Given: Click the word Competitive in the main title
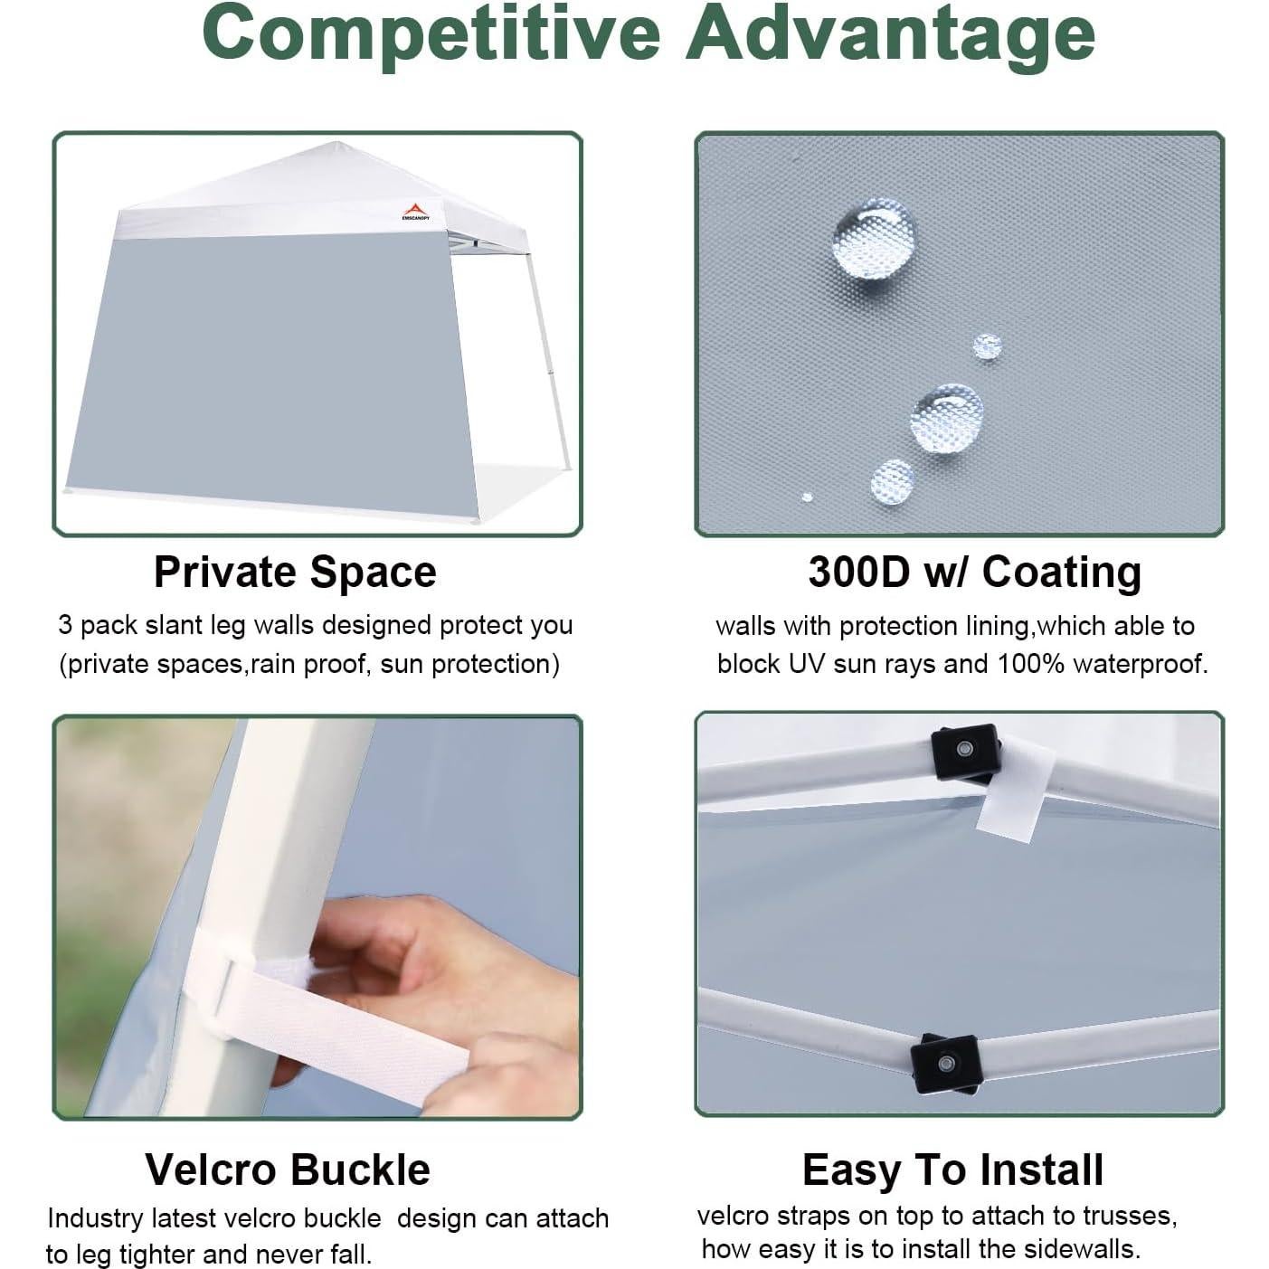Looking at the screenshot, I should pyautogui.click(x=431, y=32).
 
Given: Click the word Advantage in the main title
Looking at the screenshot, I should pyautogui.click(x=890, y=32).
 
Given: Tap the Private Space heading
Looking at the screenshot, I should pyautogui.click(x=295, y=572).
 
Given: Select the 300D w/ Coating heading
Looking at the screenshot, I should pyautogui.click(x=974, y=572).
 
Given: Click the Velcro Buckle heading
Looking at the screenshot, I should pyautogui.click(x=288, y=1169).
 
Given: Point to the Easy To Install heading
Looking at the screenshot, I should pyautogui.click(x=952, y=1169).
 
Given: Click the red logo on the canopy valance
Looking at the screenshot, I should pyautogui.click(x=416, y=210).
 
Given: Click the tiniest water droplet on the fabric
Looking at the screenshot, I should pyautogui.click(x=807, y=497).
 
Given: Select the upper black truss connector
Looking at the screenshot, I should pyautogui.click(x=965, y=751).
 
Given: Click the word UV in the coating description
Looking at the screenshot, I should pyautogui.click(x=807, y=664).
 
